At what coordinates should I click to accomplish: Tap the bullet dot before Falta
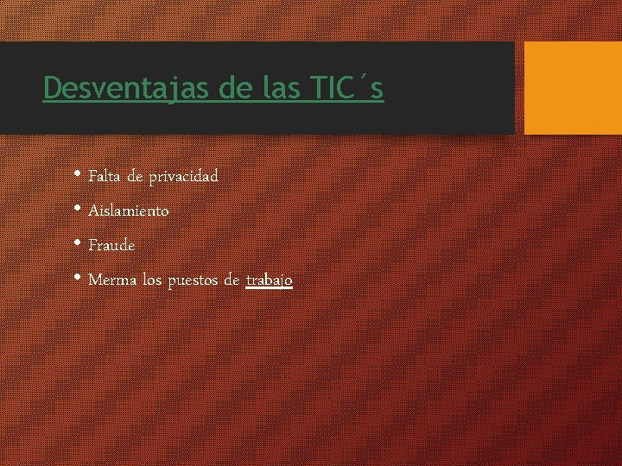tap(79, 175)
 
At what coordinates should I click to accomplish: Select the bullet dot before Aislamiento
tap(79, 210)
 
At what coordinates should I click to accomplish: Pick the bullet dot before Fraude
tap(79, 244)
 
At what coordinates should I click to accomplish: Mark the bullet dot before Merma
tap(79, 279)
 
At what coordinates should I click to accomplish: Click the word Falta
tap(105, 176)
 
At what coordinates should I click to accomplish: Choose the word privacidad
tap(183, 177)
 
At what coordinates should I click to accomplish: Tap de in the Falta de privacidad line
tap(135, 176)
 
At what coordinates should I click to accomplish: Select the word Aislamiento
tap(129, 211)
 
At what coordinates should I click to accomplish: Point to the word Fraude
tap(111, 245)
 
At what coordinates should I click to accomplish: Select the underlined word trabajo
tap(270, 281)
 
